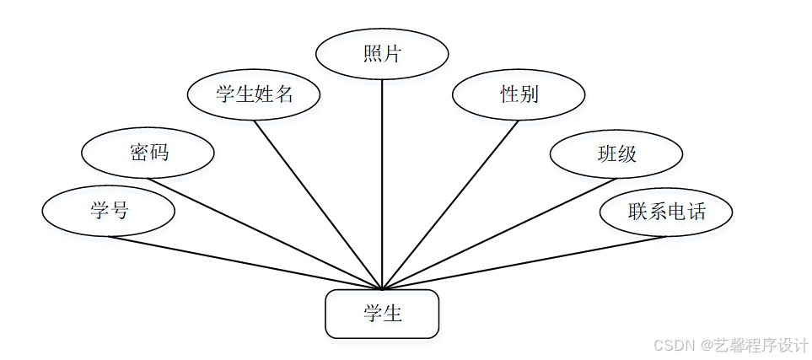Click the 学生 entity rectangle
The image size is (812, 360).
[382, 314]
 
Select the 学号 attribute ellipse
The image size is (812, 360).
[109, 211]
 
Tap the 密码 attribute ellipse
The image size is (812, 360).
[148, 153]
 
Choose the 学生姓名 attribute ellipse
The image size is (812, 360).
[254, 94]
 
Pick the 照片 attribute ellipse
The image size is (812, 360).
[382, 54]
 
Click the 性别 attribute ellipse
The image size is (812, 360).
[519, 94]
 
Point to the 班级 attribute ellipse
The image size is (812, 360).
[616, 153]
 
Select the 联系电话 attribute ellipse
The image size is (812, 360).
[666, 212]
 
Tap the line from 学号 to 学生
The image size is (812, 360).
[245, 262]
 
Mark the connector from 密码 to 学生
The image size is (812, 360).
[266, 234]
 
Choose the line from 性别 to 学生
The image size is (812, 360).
[450, 204]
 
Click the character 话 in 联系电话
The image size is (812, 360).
[696, 212]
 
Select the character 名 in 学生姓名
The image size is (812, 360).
[284, 94]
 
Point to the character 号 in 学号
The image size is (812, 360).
[119, 211]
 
